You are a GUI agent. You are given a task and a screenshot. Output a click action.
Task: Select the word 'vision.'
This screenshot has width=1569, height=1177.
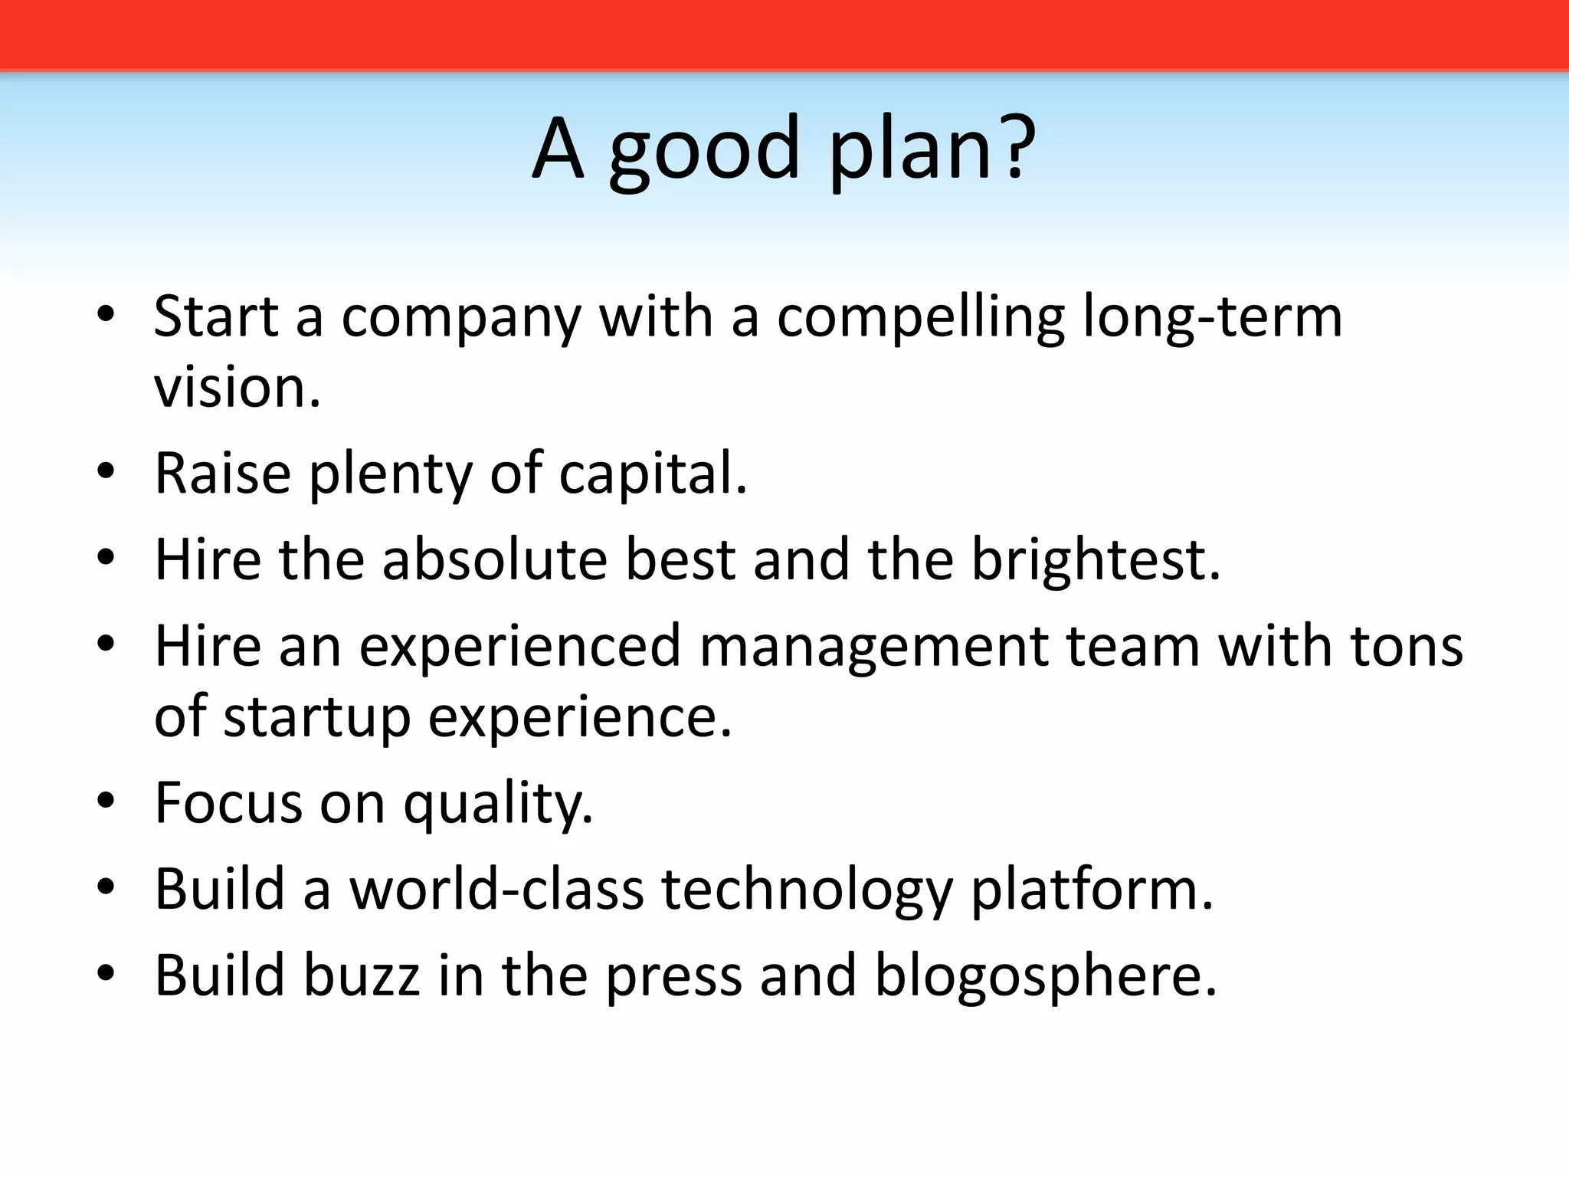point(237,386)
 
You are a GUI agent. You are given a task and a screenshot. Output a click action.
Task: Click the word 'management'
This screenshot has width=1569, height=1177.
point(873,648)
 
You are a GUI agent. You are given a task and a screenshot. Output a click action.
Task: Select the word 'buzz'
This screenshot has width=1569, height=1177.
point(362,975)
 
